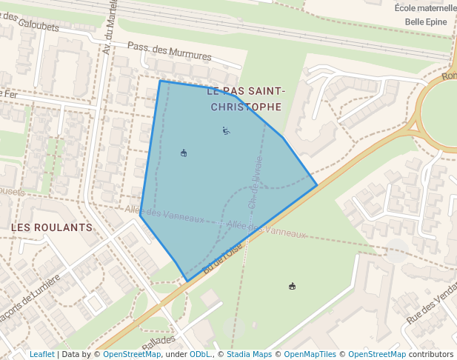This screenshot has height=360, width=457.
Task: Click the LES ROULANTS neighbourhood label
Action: tap(52, 227)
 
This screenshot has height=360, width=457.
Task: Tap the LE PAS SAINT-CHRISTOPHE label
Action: tap(245, 99)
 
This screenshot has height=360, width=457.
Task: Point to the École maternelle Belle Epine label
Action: tap(425, 15)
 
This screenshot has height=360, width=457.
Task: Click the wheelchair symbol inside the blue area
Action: tap(226, 131)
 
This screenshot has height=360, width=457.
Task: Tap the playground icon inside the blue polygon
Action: tap(184, 153)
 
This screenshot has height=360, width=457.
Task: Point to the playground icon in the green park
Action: tap(293, 286)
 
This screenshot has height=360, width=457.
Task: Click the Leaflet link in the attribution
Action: tap(41, 354)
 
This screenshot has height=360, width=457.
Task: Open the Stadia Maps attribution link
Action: tap(249, 354)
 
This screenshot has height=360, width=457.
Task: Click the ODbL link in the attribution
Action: tap(200, 354)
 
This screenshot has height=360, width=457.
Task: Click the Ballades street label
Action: tap(159, 342)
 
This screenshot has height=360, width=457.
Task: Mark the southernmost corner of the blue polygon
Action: tap(186, 281)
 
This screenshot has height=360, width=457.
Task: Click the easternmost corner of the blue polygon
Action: tap(317, 184)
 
